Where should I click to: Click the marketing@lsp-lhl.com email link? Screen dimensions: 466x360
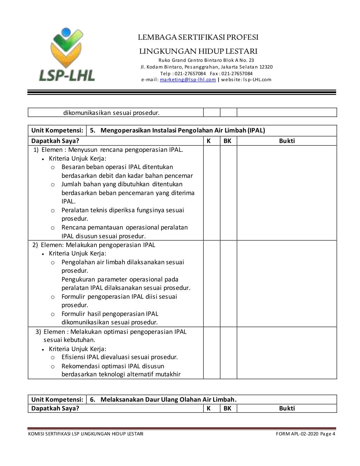tap(188, 80)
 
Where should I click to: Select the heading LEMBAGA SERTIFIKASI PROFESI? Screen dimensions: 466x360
tap(198, 37)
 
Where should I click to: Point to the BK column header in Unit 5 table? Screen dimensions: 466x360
tap(228, 141)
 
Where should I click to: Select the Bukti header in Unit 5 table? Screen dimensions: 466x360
tap(287, 141)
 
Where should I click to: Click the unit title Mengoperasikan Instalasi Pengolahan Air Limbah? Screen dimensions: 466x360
tap(182, 131)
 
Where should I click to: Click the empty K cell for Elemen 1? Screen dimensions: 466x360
tap(212, 193)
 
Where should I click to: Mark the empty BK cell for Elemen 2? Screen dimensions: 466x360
tap(229, 284)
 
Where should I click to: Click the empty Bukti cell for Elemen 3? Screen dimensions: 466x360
tap(287, 353)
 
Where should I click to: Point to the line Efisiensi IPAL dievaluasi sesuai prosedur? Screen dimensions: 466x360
tap(120, 357)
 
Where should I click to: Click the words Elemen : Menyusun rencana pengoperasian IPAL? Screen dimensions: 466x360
tap(112, 150)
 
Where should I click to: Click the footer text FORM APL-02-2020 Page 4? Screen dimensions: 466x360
tap(306, 434)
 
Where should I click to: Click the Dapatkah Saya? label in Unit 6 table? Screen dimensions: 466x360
tap(55, 408)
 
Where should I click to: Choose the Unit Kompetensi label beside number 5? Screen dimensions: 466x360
tap(57, 131)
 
